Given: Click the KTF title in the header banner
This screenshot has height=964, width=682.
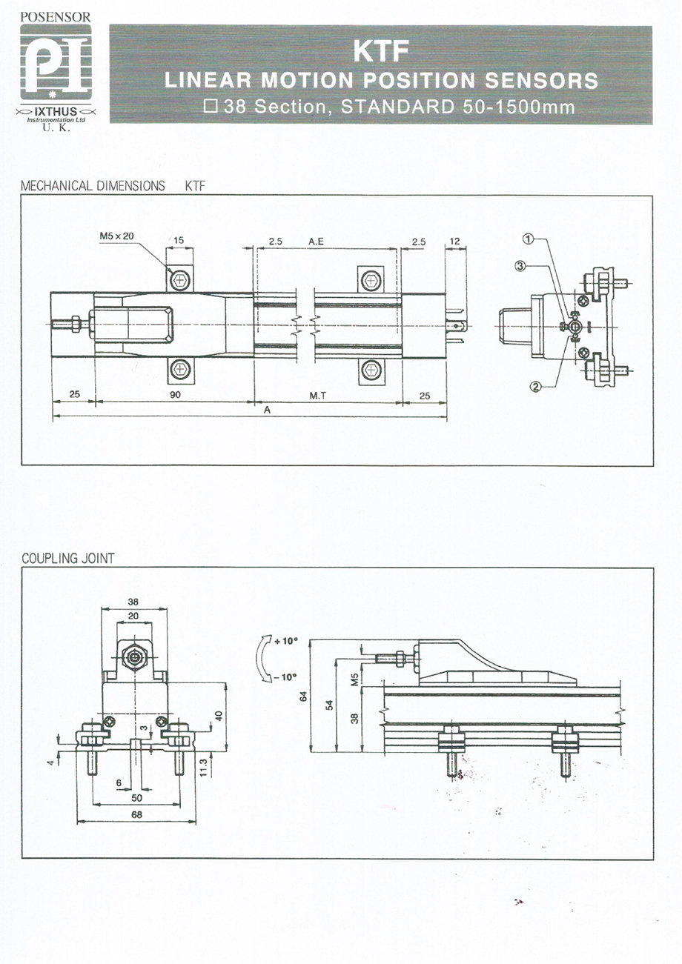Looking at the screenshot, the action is pyautogui.click(x=380, y=51).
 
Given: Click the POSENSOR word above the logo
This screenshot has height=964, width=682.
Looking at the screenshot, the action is pyautogui.click(x=56, y=17).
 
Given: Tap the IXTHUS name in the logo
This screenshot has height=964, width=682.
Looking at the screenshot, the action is pyautogui.click(x=56, y=112).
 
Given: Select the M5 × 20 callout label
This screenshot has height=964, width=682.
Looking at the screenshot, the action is pyautogui.click(x=116, y=236).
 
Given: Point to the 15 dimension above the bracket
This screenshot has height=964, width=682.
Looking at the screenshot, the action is pyautogui.click(x=179, y=240).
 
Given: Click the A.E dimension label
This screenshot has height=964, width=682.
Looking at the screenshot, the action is pyautogui.click(x=316, y=242).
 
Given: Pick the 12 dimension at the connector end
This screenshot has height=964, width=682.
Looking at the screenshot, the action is pyautogui.click(x=454, y=241).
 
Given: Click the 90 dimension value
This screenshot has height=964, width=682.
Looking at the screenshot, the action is pyautogui.click(x=175, y=395).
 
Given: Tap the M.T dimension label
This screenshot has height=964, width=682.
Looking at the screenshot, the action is pyautogui.click(x=318, y=396).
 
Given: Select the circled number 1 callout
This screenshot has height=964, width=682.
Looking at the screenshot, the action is pyautogui.click(x=529, y=239).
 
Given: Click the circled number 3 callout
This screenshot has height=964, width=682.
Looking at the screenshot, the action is pyautogui.click(x=520, y=266).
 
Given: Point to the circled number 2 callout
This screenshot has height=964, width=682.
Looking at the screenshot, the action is pyautogui.click(x=536, y=387).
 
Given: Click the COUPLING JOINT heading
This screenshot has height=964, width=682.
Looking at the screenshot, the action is pyautogui.click(x=68, y=559).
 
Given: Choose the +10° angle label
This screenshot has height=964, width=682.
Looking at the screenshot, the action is pyautogui.click(x=286, y=641).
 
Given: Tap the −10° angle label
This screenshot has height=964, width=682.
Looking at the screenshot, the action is pyautogui.click(x=285, y=677).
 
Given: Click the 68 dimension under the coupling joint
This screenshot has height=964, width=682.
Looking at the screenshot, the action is pyautogui.click(x=137, y=814).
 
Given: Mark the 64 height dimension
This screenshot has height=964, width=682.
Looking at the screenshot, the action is pyautogui.click(x=303, y=697).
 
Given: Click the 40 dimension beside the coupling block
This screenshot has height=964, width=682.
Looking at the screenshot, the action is pyautogui.click(x=219, y=716).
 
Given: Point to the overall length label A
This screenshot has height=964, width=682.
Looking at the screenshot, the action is pyautogui.click(x=268, y=410).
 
